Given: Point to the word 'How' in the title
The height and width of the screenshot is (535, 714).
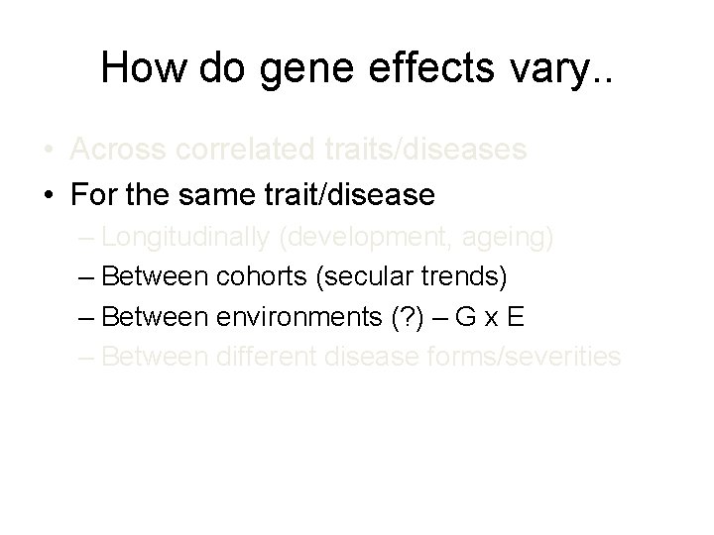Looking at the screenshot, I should click(145, 67).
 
